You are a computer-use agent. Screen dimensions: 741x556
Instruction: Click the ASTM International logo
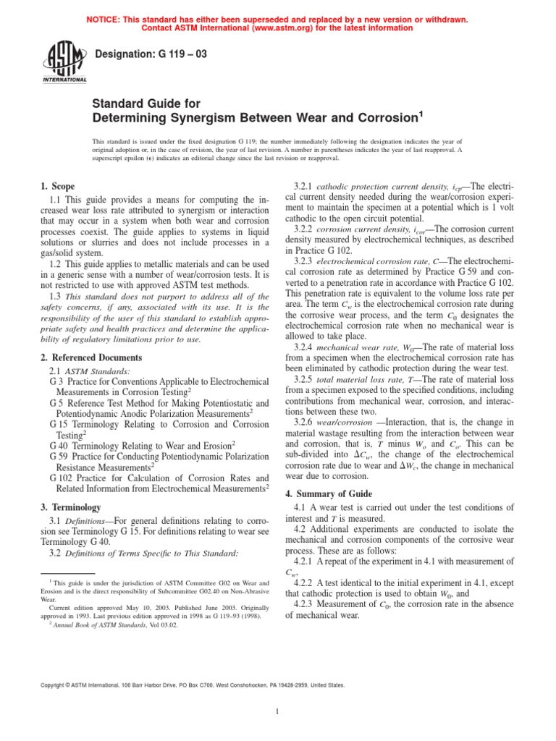tap(67, 62)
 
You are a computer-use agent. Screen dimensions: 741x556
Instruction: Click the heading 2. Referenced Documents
tap(90, 357)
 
